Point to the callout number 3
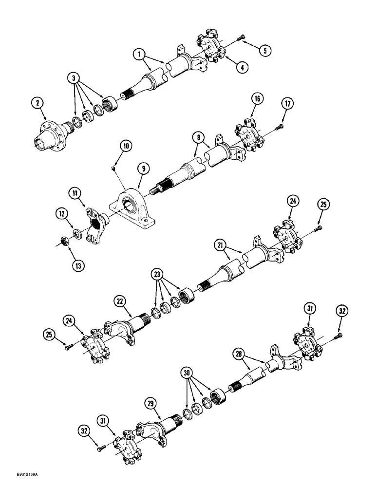click(x=74, y=77)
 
